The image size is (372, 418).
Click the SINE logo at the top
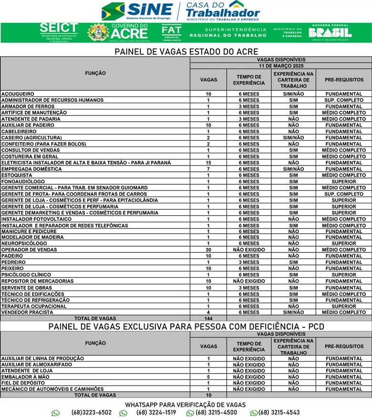137,10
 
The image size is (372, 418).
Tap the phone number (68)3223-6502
92,413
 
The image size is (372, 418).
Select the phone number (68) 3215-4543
279,413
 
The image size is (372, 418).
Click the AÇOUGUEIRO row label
18,94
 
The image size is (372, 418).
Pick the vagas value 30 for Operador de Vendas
208,250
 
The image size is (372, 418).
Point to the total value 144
208,318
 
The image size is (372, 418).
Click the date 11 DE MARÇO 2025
281,65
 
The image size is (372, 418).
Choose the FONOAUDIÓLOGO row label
23,182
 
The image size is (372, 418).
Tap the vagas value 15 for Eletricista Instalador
208,163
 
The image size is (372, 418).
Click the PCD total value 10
208,395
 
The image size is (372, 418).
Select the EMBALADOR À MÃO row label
25,377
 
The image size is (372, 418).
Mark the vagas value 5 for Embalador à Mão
208,377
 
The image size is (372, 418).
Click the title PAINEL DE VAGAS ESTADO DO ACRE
186,52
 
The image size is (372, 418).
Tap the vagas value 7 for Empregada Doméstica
208,169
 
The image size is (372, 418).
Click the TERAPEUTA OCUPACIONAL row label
34,306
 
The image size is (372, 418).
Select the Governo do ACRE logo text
129,32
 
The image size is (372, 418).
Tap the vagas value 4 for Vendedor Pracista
208,313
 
